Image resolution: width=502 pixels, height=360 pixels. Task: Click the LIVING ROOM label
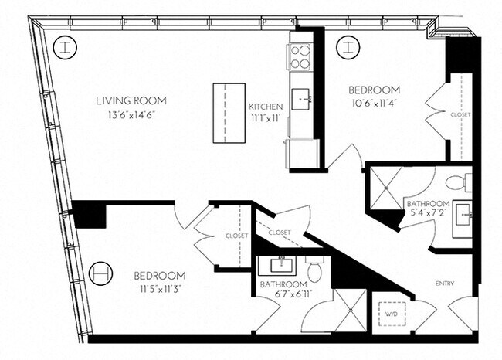(131, 100)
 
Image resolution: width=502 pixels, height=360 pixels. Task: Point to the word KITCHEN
(265, 107)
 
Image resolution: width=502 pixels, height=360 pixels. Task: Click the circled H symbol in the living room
(67, 47)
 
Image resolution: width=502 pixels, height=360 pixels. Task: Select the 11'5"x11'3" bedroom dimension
(159, 290)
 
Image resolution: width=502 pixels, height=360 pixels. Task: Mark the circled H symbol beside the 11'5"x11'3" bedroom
(100, 273)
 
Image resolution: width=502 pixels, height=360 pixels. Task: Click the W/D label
(392, 314)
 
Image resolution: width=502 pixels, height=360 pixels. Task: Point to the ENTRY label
(447, 283)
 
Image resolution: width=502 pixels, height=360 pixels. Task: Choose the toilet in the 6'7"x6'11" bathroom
(314, 270)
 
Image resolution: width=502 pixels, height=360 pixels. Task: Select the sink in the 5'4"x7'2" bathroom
(462, 211)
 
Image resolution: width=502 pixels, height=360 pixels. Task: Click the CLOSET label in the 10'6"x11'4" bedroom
(460, 115)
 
